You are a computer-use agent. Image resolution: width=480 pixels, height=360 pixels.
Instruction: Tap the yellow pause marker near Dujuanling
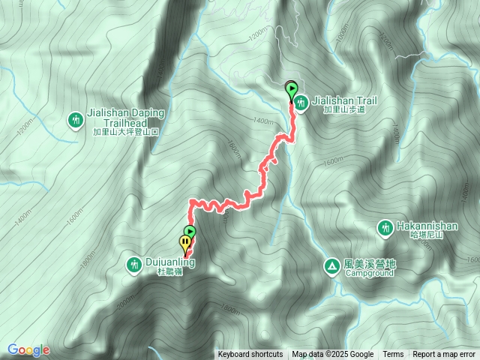pos(184,242)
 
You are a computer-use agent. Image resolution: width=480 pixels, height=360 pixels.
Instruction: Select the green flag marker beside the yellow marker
pos(190,232)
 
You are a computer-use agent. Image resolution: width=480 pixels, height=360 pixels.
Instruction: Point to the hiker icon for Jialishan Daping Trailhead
pos(76,119)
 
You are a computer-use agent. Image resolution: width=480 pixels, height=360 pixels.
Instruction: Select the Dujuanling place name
pos(170,263)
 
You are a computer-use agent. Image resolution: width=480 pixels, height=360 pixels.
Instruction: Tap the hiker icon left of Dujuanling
pos(134,264)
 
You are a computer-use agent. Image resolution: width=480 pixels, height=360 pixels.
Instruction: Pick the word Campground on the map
pos(370,274)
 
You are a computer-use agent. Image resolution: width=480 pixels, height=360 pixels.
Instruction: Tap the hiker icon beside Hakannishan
pos(385,226)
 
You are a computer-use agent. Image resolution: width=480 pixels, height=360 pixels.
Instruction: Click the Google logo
pos(28,349)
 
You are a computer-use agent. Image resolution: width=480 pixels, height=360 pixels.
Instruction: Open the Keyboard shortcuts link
pos(250,355)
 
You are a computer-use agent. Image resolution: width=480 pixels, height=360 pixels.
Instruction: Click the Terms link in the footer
pos(393,355)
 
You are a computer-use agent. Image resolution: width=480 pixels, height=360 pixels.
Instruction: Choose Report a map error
pos(444,355)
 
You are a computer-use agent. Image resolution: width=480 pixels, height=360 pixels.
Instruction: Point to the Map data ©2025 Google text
pos(333,355)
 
